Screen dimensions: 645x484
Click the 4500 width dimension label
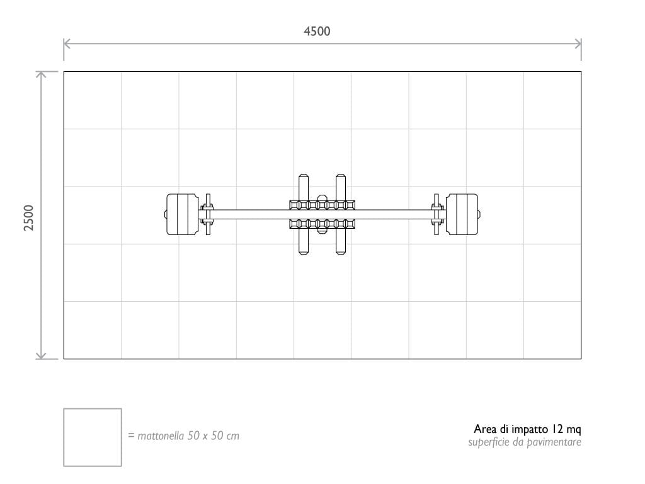coord(317,32)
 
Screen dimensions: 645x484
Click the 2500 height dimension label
coord(29,217)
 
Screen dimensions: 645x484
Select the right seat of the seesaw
coord(462,214)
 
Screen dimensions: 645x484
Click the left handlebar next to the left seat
coord(208,214)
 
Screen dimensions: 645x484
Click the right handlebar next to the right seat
coord(437,214)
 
